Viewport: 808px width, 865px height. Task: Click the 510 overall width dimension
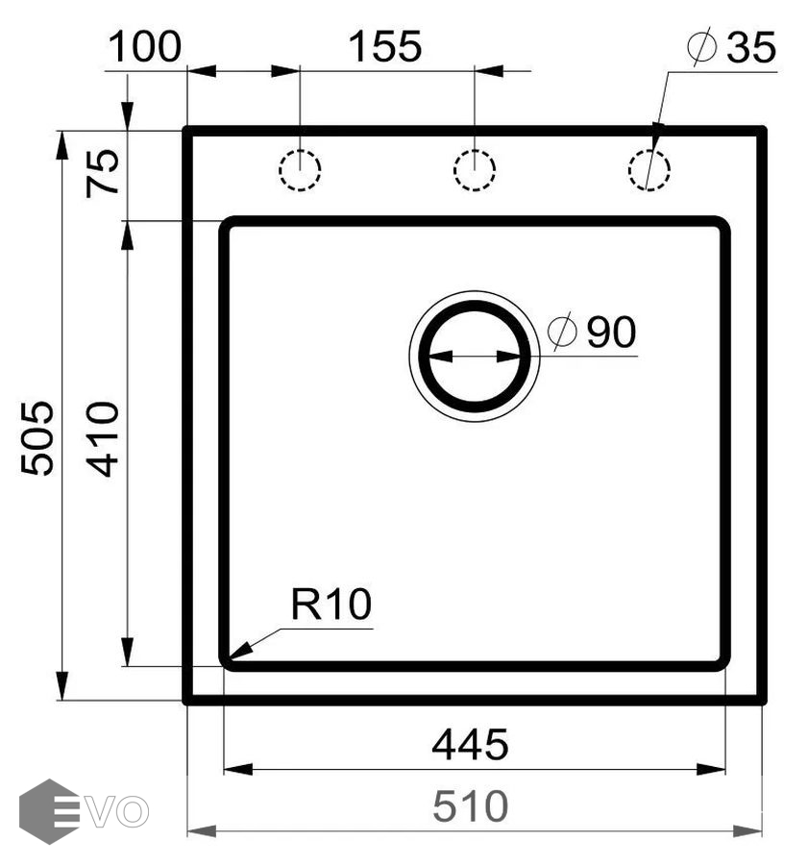470,805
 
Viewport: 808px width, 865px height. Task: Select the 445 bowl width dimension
470,744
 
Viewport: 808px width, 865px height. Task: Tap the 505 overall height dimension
38,437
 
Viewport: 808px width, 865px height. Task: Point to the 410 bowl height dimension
103,438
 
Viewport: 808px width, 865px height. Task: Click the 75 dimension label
104,173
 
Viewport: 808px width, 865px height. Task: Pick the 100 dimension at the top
144,46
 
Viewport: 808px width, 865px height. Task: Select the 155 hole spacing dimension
384,46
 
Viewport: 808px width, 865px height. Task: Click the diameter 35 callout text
751,47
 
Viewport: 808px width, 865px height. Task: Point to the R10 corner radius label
331,605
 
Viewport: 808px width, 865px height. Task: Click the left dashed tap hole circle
300,171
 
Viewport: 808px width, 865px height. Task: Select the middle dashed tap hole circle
474,171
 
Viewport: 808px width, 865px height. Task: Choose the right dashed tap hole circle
649,171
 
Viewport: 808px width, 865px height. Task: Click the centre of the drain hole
474,356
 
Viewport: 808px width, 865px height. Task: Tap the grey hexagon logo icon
48,811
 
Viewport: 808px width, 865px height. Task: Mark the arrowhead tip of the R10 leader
230,659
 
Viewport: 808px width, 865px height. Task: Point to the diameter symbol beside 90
562,333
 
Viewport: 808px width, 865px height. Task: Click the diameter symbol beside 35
703,48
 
